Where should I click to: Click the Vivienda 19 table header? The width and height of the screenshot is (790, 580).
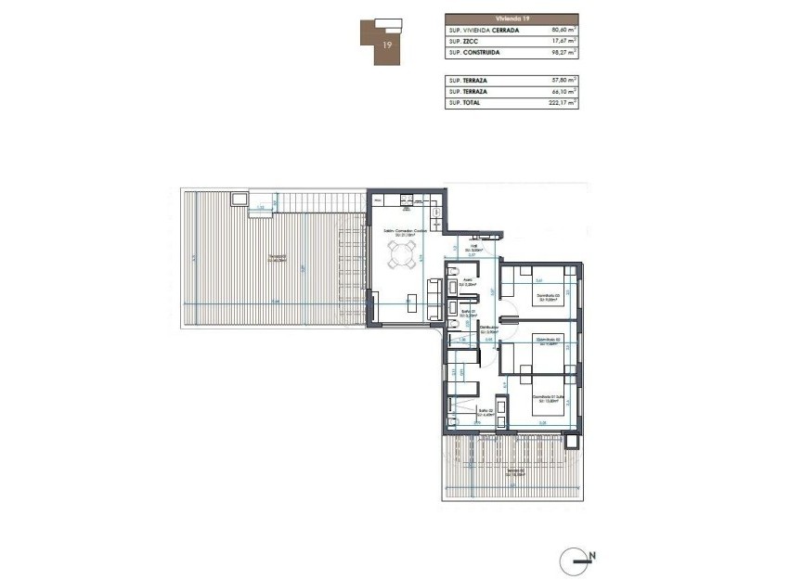point(511,19)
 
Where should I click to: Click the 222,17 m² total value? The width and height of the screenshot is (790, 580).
point(561,103)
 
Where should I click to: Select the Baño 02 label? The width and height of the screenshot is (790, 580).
point(485,412)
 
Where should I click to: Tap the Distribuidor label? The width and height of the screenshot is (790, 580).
point(489,329)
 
